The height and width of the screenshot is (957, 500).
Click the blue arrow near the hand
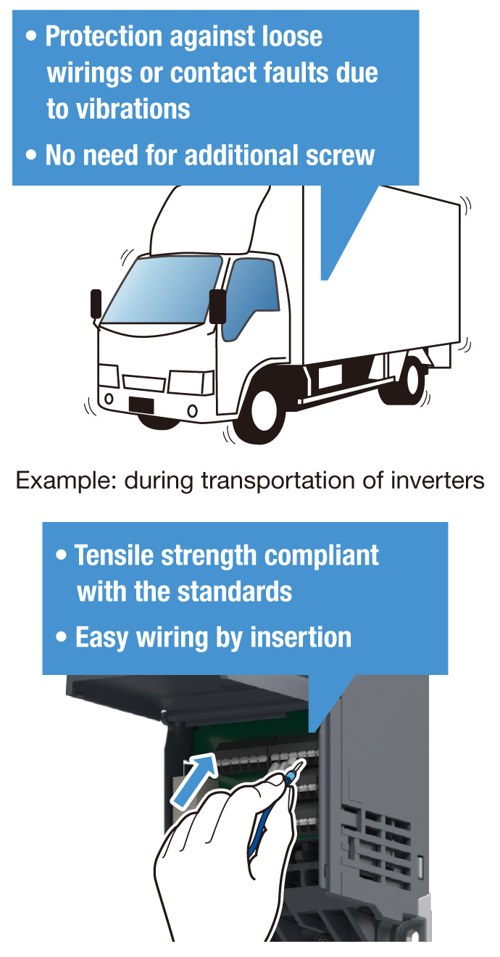tap(194, 780)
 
